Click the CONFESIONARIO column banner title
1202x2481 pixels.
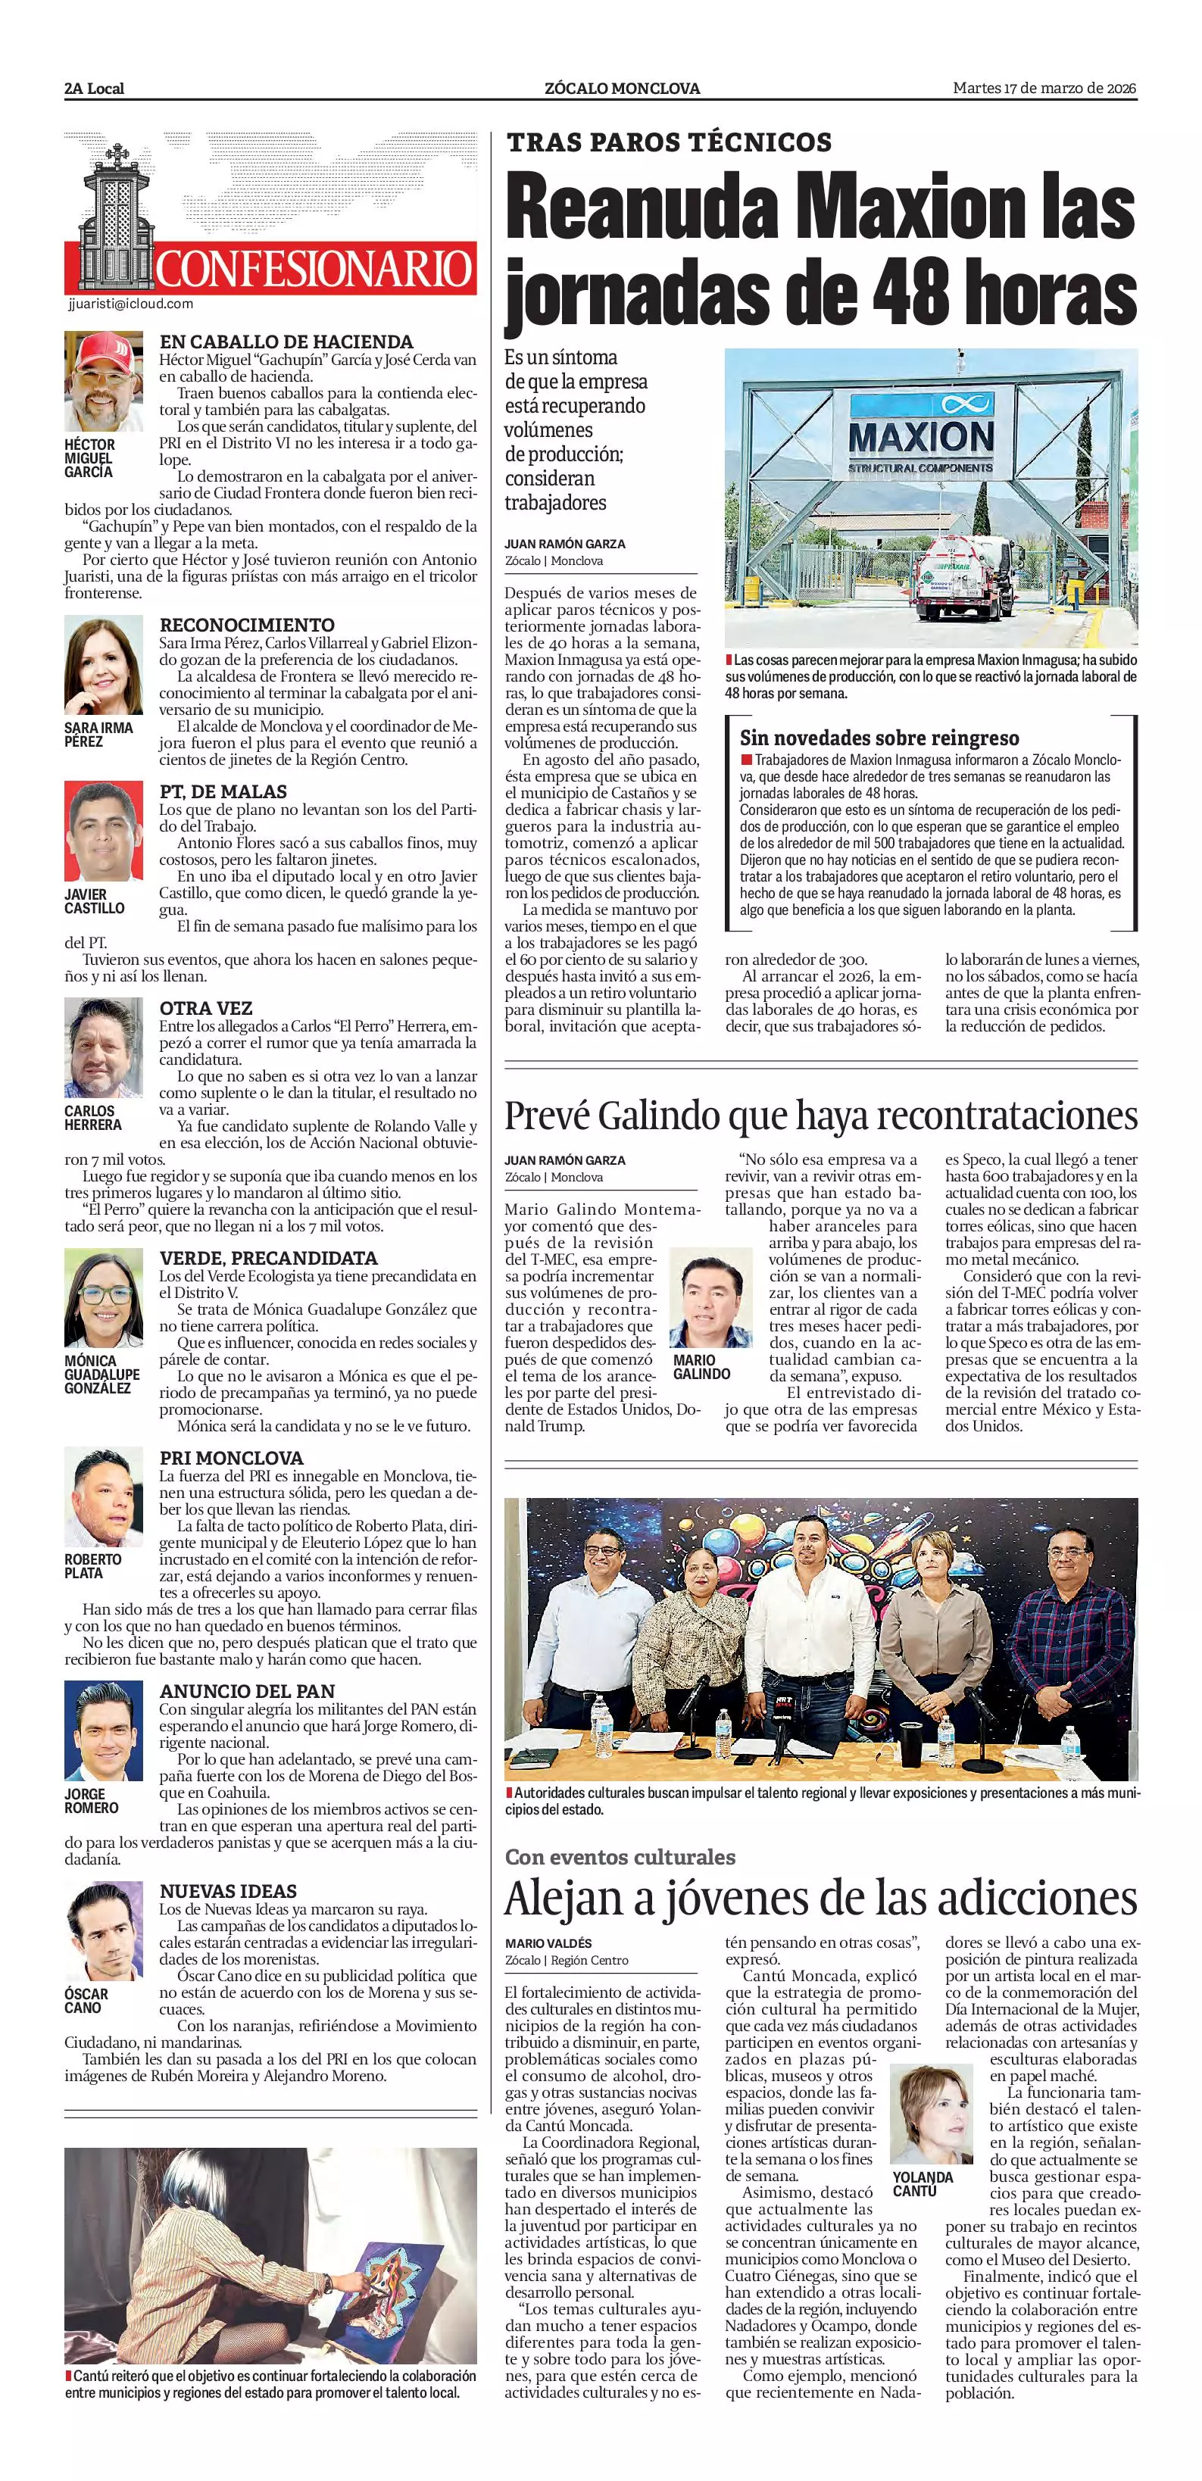(x=314, y=269)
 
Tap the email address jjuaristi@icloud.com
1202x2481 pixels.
(x=131, y=304)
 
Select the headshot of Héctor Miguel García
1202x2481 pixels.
(x=103, y=382)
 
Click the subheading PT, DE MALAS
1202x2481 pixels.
(x=223, y=791)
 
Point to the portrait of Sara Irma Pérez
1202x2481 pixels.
(x=103, y=666)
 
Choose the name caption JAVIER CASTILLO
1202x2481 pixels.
(x=95, y=901)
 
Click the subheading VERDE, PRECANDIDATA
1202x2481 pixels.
(x=268, y=1258)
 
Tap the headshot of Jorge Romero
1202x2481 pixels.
(x=103, y=1730)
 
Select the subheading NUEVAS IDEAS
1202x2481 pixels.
(x=228, y=1890)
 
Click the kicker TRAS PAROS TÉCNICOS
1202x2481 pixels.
(x=670, y=142)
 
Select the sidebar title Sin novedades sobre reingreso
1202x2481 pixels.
(x=879, y=738)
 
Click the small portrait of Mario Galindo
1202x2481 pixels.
(x=710, y=1297)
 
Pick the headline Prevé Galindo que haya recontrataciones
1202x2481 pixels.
(x=820, y=1116)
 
